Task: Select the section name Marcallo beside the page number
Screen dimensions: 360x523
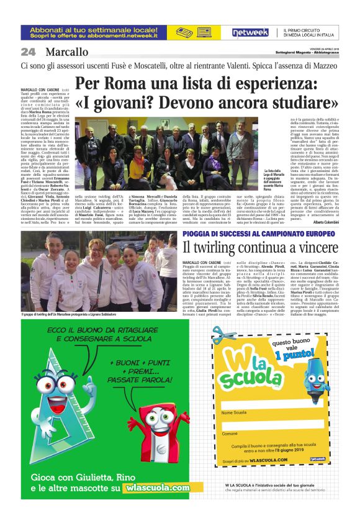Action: click(x=66, y=52)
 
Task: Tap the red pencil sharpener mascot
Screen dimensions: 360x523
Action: click(x=148, y=422)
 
